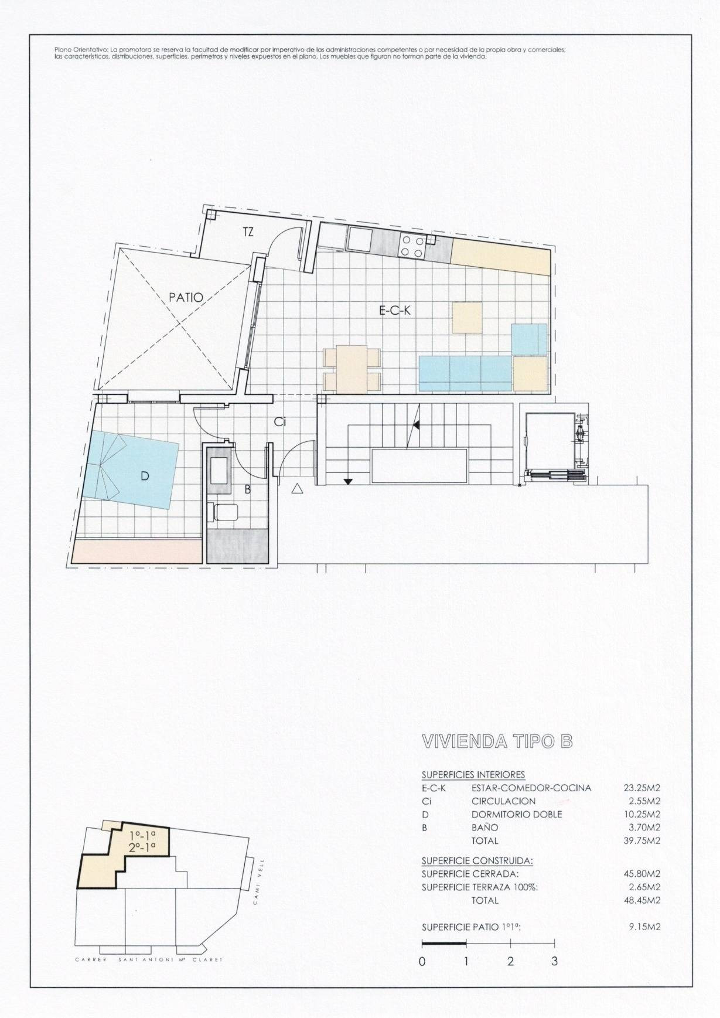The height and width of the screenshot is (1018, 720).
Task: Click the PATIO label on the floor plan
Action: coord(186,297)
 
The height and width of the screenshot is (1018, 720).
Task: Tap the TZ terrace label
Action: coord(248,232)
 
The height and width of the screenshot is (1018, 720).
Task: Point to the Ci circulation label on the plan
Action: coord(280,421)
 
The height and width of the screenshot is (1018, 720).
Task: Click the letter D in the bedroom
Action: coord(145,476)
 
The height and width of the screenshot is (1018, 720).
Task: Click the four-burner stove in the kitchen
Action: coord(412,245)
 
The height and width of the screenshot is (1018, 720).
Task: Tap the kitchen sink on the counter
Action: coord(359,239)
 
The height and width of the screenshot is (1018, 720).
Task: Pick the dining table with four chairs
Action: coord(352,369)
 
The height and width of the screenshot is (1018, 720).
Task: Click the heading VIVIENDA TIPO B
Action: coord(497,741)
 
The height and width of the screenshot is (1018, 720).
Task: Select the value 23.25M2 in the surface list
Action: coord(642,788)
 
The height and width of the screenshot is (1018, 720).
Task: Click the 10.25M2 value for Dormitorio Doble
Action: coord(642,814)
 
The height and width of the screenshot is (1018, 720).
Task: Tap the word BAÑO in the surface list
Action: coord(484,828)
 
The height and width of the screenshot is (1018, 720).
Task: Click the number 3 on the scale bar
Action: coord(554,961)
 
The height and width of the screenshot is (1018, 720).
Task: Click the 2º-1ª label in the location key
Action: coord(142,846)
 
